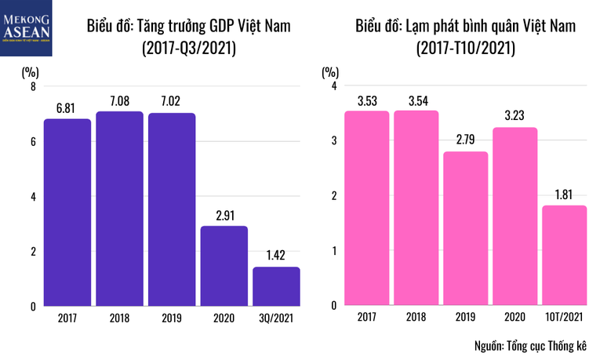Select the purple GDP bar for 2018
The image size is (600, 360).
[x=119, y=209]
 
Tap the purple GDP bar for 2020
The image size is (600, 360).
[x=224, y=266]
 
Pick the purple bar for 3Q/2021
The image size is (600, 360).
[x=276, y=286]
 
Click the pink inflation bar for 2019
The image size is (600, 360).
[x=465, y=228]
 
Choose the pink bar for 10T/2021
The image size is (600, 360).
[x=564, y=256]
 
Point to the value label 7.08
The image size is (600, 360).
[x=119, y=101]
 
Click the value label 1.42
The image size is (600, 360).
[x=276, y=256]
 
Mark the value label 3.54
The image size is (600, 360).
[x=416, y=100]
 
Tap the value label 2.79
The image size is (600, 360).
[x=465, y=141]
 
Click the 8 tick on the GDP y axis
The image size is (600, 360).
[x=33, y=87]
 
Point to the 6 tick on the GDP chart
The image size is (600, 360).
[x=33, y=142]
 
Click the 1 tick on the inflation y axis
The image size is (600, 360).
[x=334, y=251]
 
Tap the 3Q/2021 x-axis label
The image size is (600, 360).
[x=276, y=318]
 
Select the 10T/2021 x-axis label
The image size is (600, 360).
[x=564, y=318]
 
